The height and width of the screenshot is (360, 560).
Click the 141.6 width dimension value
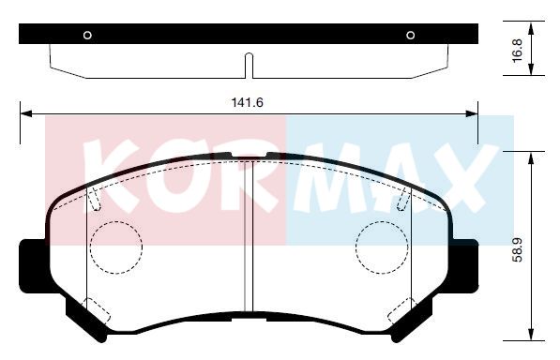(247, 103)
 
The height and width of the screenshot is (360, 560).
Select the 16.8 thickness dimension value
(518, 51)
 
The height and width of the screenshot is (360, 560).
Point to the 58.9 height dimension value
(518, 250)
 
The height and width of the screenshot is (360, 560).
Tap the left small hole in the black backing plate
(87, 35)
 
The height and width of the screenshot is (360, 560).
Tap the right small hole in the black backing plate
(411, 35)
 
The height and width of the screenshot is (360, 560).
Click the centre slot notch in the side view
(249, 66)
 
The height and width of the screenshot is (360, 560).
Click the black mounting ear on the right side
(463, 266)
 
